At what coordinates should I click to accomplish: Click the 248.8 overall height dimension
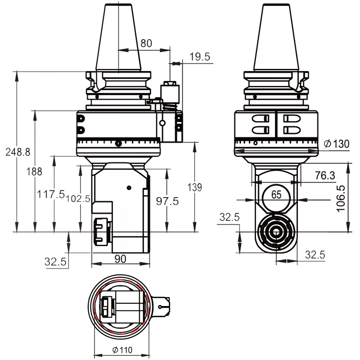pyautogui.click(x=18, y=152)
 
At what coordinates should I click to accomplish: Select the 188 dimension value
pyautogui.click(x=34, y=171)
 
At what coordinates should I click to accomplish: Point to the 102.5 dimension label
pyautogui.click(x=78, y=198)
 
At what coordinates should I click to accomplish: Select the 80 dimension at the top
pyautogui.click(x=146, y=44)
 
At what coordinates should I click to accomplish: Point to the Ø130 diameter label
pyautogui.click(x=336, y=144)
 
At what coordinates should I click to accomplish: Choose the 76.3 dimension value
pyautogui.click(x=325, y=176)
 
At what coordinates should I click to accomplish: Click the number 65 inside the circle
pyautogui.click(x=276, y=195)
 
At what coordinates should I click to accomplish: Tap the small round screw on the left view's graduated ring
pyautogui.click(x=118, y=144)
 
